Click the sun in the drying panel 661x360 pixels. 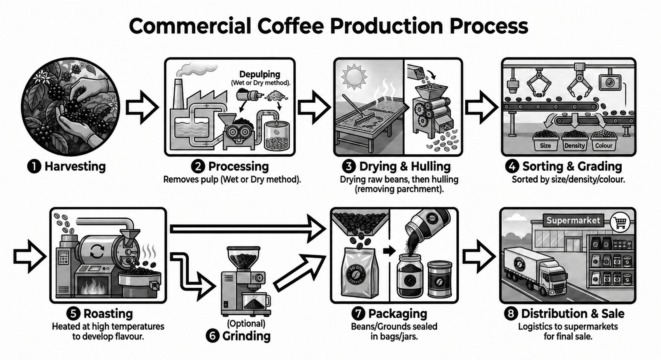click(354, 77)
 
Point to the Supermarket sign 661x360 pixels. click(573, 220)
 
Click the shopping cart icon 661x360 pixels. click(620, 223)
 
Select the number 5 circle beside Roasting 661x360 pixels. click(74, 314)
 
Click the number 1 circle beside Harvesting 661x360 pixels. click(34, 166)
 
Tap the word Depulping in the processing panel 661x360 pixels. click(259, 74)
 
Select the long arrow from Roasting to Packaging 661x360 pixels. click(248, 229)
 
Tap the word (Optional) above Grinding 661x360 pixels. click(246, 324)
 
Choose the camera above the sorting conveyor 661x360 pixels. click(610, 82)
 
